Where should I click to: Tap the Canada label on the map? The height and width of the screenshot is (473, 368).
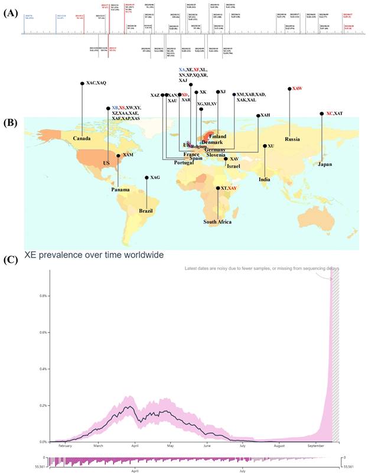coord(85,138)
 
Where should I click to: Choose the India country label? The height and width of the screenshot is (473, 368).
coord(264,180)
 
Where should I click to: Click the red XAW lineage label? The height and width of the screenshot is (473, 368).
coord(298,89)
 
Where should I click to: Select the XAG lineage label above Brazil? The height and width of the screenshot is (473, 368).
coord(155,177)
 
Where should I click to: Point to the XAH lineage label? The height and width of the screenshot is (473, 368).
coord(267,115)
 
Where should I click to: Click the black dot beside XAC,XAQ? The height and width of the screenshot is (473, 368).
coord(82,84)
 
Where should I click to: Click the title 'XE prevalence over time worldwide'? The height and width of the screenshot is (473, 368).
coord(94,255)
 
